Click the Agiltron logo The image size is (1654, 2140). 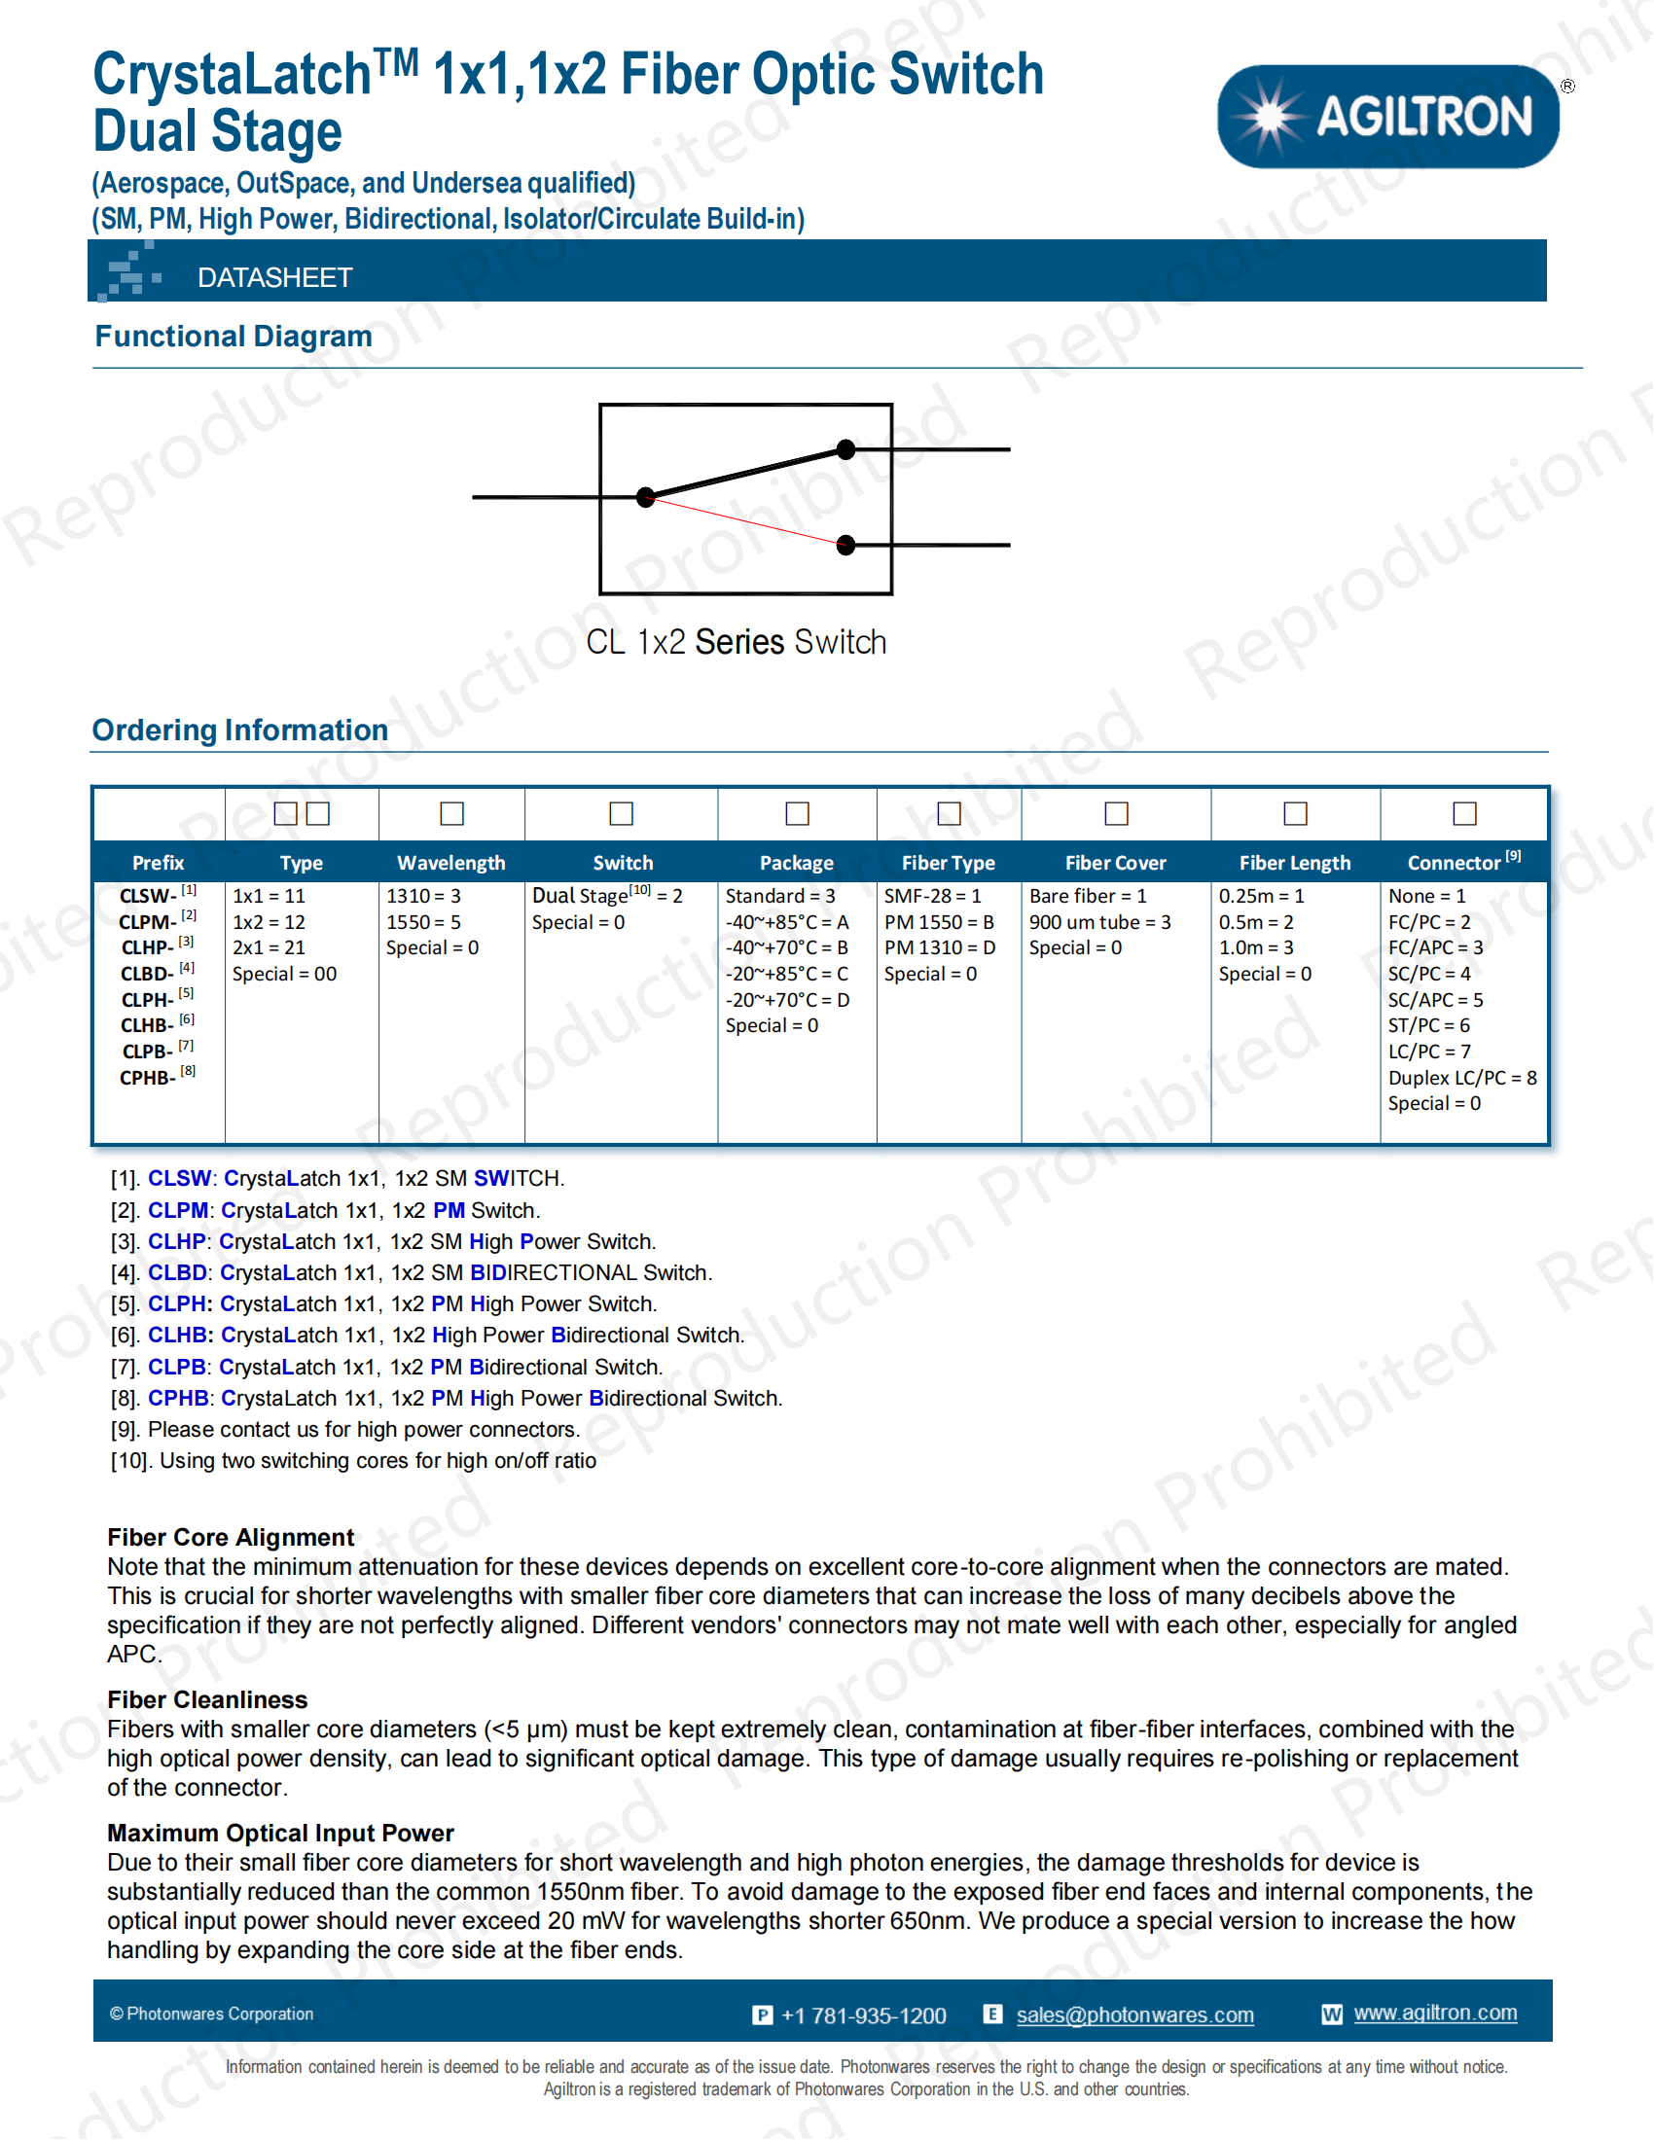tap(1387, 117)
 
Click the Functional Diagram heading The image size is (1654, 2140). tap(234, 337)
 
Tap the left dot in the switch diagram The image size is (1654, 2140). tap(645, 498)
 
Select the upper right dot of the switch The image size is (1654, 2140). tap(845, 449)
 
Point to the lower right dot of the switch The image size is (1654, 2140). tap(845, 545)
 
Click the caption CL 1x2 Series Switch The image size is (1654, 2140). tap(736, 642)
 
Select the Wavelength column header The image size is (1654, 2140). tap(450, 862)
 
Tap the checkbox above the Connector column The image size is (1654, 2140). tap(1464, 813)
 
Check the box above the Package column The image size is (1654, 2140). tap(797, 813)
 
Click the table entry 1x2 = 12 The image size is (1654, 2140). tap(269, 922)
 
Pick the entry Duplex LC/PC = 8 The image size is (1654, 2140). tap(1462, 1078)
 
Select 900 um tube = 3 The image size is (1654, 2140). tap(1099, 922)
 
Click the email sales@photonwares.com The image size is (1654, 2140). tap(1134, 2015)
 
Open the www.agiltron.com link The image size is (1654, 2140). tap(1434, 2013)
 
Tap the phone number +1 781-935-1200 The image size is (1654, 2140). tap(863, 2015)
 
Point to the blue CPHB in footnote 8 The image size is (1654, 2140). tap(177, 1398)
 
